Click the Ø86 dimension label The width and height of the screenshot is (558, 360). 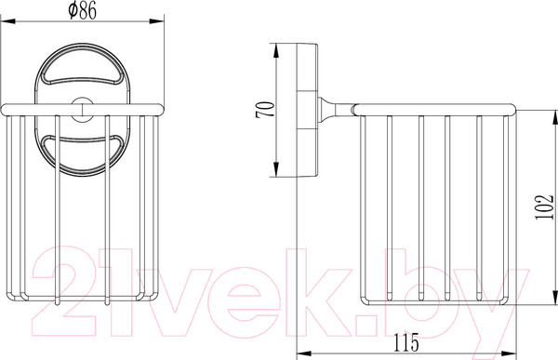[82, 10]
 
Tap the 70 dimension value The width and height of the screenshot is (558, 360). [265, 110]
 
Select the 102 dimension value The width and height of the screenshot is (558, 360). [544, 207]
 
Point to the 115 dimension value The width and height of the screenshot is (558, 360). [406, 342]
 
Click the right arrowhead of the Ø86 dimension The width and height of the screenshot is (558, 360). [156, 21]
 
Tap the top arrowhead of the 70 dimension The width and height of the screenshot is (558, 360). [276, 50]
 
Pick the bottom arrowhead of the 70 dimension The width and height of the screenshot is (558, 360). [276, 169]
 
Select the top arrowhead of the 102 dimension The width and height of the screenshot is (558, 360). [555, 117]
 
